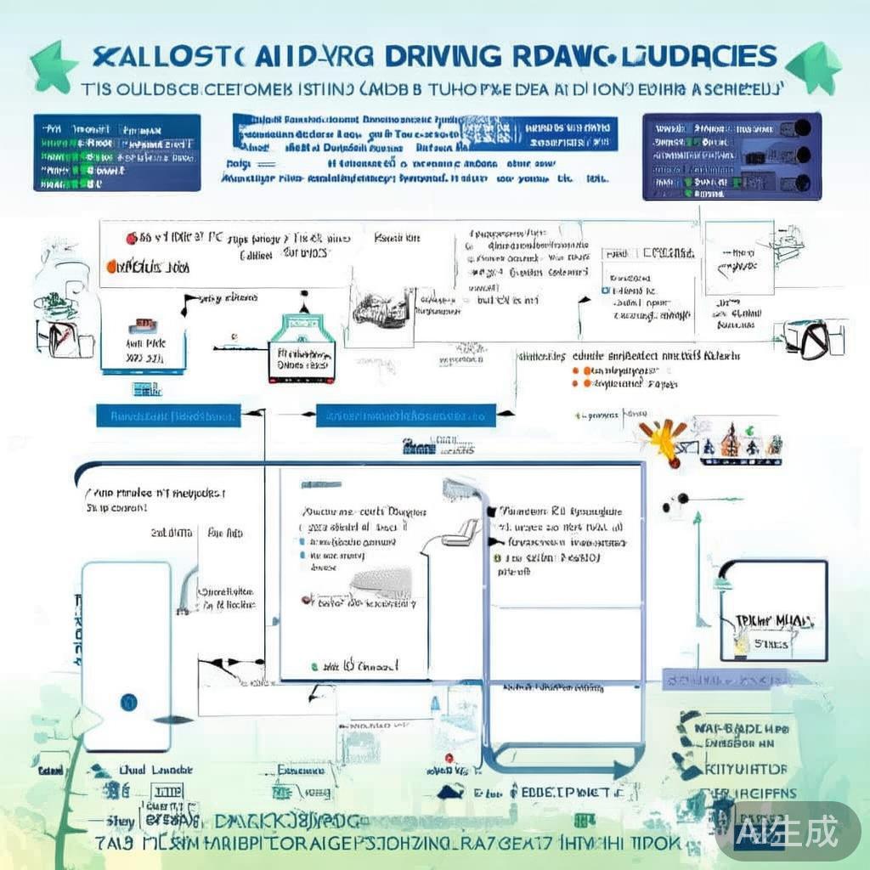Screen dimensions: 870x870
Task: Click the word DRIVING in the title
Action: [x=442, y=57]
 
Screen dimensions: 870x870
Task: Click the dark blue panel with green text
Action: [x=117, y=152]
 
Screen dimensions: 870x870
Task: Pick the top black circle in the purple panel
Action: [x=800, y=128]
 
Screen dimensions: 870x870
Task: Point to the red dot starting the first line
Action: [x=132, y=240]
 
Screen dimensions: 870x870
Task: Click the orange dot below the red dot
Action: [x=111, y=266]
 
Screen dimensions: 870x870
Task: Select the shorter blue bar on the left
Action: [x=167, y=416]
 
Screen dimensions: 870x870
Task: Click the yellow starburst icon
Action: [x=661, y=438]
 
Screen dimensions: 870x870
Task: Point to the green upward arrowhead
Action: [x=697, y=516]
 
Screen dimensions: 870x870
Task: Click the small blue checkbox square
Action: [x=605, y=290]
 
